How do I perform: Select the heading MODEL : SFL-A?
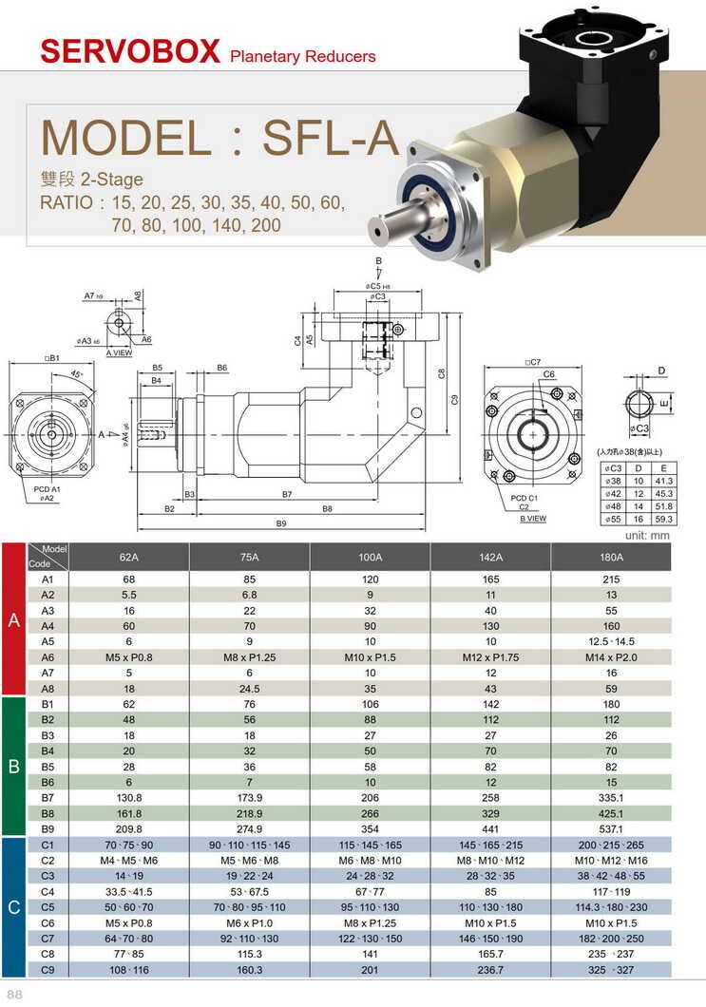219,137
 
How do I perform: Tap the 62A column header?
129,558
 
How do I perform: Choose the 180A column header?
611,558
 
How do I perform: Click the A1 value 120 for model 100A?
370,579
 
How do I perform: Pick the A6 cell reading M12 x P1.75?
490,657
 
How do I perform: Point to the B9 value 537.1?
611,828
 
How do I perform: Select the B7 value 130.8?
129,796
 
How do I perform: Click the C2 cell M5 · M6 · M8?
249,860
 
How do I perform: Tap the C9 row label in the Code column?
48,969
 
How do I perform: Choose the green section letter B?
14,766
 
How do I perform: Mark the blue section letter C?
14,908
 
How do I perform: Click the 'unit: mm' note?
648,535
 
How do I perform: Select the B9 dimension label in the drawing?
281,523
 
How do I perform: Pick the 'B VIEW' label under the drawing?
533,519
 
